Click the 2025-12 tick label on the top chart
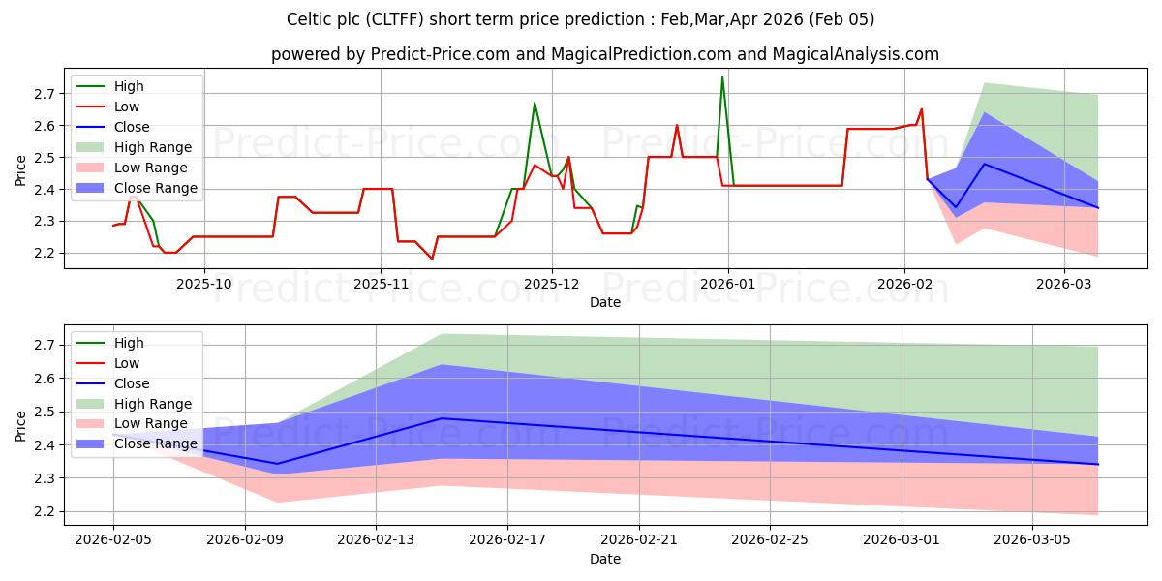coord(552,284)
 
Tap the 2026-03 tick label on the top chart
coord(1064,284)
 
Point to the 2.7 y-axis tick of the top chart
coord(45,94)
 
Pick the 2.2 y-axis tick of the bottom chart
coord(45,512)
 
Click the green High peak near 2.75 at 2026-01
coord(722,77)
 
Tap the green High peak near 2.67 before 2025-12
coord(535,103)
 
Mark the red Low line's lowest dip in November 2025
coord(432,259)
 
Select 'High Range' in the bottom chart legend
coord(153,404)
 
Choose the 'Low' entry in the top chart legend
coord(127,107)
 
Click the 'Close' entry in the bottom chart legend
coord(132,383)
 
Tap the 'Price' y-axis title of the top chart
coord(20,171)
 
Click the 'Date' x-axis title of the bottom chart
coord(605,560)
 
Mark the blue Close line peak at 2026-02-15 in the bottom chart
coord(442,418)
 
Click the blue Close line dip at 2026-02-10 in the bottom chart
coord(277,464)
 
